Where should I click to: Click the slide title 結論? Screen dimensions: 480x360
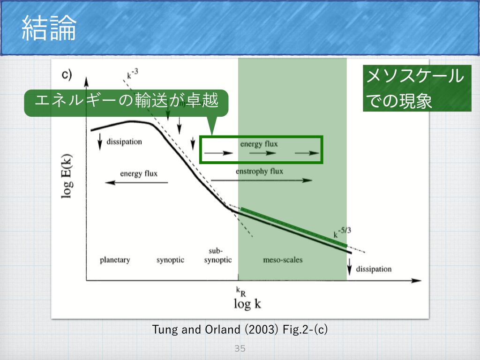(x=49, y=28)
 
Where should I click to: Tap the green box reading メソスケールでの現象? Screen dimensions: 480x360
(x=417, y=88)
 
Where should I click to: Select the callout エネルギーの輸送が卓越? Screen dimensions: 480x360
(x=126, y=103)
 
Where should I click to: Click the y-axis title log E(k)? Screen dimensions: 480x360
(x=67, y=176)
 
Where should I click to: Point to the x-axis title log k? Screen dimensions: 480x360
(x=247, y=304)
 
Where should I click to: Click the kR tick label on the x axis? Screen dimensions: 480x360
(x=241, y=292)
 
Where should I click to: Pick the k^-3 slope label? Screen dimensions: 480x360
(x=133, y=74)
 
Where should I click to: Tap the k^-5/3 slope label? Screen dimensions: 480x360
(x=342, y=232)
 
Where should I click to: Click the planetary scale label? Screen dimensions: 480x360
(x=115, y=260)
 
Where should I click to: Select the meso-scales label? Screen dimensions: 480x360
(x=283, y=260)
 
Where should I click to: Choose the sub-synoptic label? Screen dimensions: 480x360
(x=217, y=255)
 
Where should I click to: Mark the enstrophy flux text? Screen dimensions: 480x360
(x=259, y=172)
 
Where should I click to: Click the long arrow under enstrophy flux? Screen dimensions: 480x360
(x=262, y=180)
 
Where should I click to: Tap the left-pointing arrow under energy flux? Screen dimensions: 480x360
(x=136, y=183)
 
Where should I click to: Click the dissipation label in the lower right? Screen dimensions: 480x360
(x=374, y=269)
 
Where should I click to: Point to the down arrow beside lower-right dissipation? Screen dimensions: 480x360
(x=349, y=266)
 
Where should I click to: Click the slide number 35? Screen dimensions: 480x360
(x=240, y=348)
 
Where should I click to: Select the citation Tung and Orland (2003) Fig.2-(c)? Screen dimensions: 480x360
(x=240, y=330)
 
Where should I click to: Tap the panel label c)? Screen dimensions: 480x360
(x=67, y=75)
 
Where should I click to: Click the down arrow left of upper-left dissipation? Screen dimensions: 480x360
(x=100, y=142)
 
